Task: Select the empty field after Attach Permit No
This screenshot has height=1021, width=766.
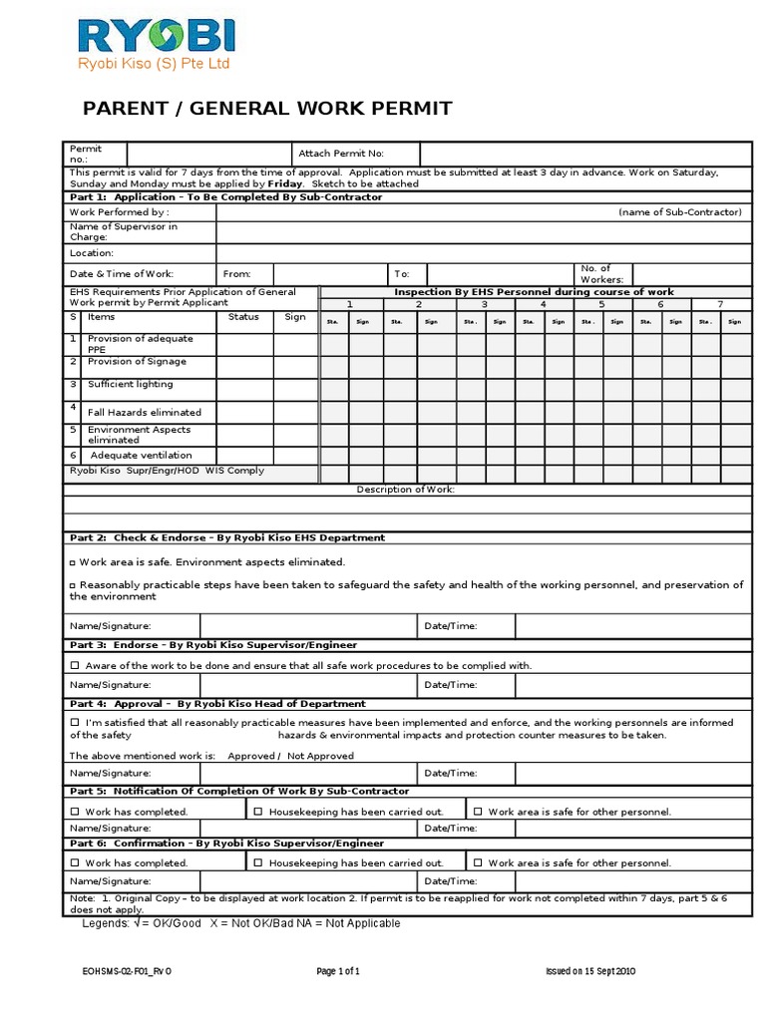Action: [x=584, y=154]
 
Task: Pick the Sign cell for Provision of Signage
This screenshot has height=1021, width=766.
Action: [x=295, y=367]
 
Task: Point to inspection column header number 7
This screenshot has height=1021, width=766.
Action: [x=720, y=303]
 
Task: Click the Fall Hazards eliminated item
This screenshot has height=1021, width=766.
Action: [x=145, y=412]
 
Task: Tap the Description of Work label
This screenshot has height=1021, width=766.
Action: [x=406, y=490]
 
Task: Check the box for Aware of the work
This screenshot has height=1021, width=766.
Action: [x=75, y=665]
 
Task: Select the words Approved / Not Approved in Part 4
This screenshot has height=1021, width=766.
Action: [x=290, y=756]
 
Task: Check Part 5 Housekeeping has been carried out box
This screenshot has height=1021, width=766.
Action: [x=258, y=812]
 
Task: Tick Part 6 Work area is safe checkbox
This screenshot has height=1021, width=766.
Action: [x=478, y=862]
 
